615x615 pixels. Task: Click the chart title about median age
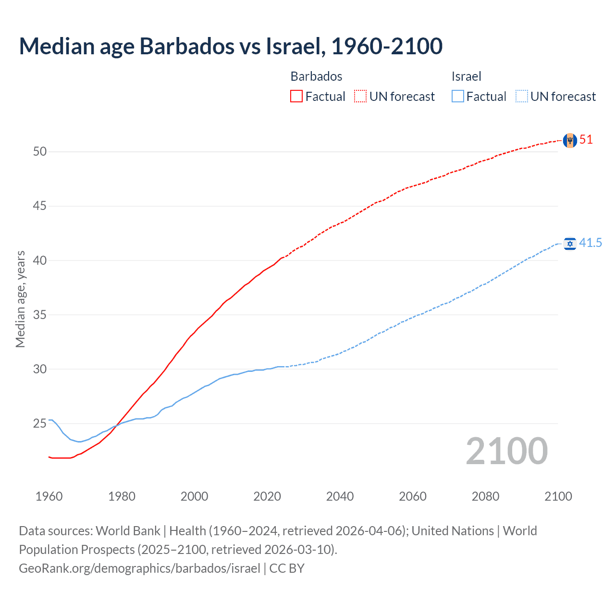click(x=231, y=46)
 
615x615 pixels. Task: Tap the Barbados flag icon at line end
click(x=569, y=140)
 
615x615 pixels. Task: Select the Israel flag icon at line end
click(x=570, y=244)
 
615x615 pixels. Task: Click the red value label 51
click(x=586, y=140)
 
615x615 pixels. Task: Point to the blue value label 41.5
click(x=590, y=243)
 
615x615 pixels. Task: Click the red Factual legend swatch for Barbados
click(x=296, y=97)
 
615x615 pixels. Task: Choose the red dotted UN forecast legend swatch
click(x=360, y=97)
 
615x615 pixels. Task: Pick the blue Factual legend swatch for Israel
click(x=458, y=97)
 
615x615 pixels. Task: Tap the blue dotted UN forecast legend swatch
click(x=522, y=97)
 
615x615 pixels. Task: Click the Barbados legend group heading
click(x=316, y=76)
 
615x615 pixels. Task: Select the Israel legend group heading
click(x=466, y=76)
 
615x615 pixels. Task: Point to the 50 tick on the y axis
click(x=40, y=152)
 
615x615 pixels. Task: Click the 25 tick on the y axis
click(x=40, y=424)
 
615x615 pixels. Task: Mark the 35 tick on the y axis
click(x=40, y=315)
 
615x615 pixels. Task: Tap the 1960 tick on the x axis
click(x=49, y=496)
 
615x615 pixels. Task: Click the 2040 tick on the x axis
click(x=340, y=496)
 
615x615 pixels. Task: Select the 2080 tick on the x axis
click(x=485, y=496)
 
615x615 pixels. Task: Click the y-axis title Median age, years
click(x=20, y=299)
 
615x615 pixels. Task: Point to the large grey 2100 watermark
click(x=506, y=451)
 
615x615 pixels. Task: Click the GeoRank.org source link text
click(x=139, y=568)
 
